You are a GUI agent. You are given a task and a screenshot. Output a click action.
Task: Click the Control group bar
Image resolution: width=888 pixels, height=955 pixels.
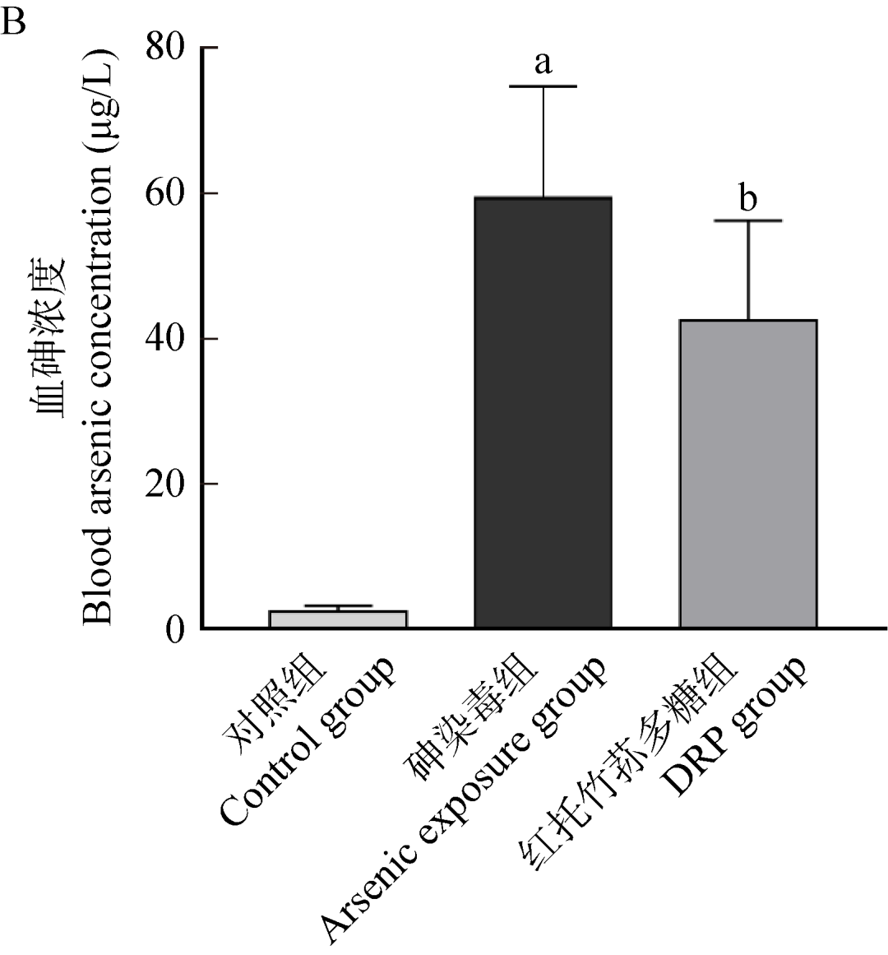point(338,619)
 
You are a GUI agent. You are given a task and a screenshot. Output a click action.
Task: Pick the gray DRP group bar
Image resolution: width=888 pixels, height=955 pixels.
point(747,474)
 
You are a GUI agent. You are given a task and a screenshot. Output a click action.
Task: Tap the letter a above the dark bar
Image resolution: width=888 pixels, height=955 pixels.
point(543,63)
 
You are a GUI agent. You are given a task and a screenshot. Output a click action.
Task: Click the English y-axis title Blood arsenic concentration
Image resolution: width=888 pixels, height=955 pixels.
point(102,337)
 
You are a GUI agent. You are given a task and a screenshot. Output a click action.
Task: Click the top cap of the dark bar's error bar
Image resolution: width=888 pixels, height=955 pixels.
point(543,86)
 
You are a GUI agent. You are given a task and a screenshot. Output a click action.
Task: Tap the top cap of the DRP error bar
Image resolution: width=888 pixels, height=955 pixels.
point(748,220)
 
